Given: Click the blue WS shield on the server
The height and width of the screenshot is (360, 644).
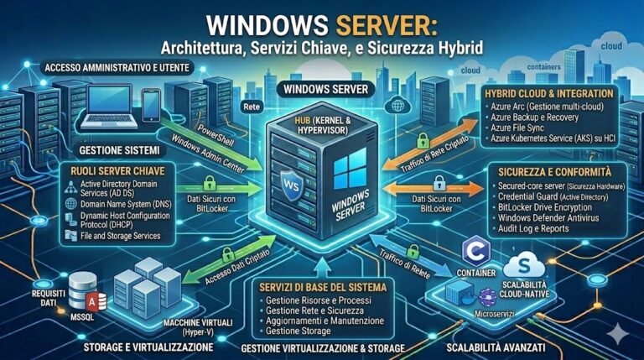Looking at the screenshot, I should (x=290, y=183).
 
